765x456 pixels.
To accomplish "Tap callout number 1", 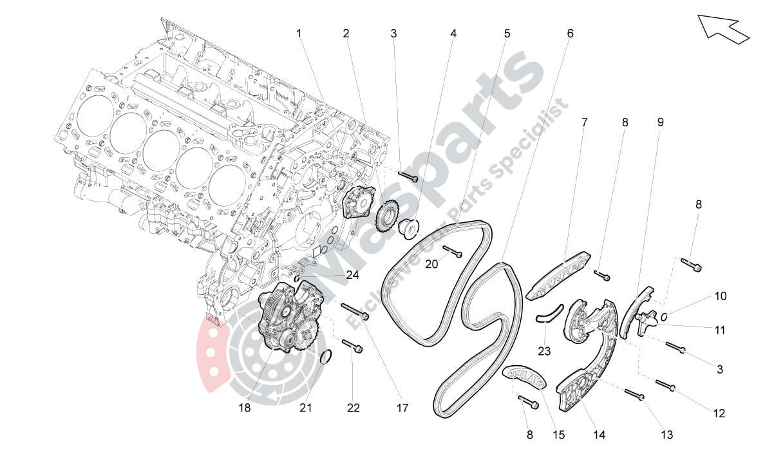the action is [x=299, y=33].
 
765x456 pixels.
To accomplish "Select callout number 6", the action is [x=570, y=33].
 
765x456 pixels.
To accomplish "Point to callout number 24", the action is [x=352, y=276].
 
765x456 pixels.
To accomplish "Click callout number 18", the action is [x=245, y=408].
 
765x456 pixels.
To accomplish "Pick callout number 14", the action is [x=599, y=435].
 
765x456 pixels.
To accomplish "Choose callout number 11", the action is [x=720, y=330].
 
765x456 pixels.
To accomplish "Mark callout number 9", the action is [x=661, y=122].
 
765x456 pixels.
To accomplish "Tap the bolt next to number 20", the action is [x=453, y=251].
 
